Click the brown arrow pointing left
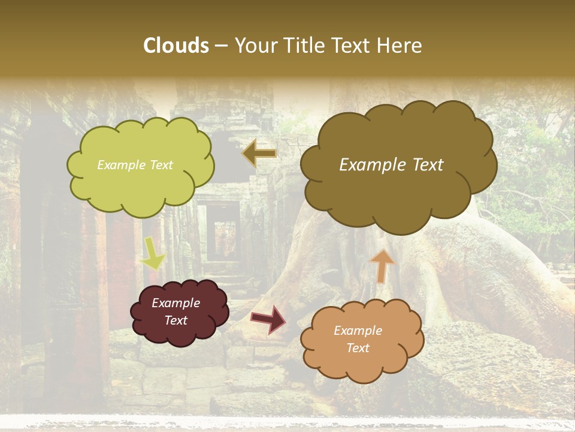(x=259, y=153)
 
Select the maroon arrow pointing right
(x=268, y=319)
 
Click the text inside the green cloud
(x=135, y=165)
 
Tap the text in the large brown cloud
(x=391, y=165)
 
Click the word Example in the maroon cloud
(x=175, y=303)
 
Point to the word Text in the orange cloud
(x=358, y=348)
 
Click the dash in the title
(x=221, y=46)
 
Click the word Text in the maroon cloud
(x=176, y=320)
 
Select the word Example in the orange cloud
(x=358, y=331)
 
